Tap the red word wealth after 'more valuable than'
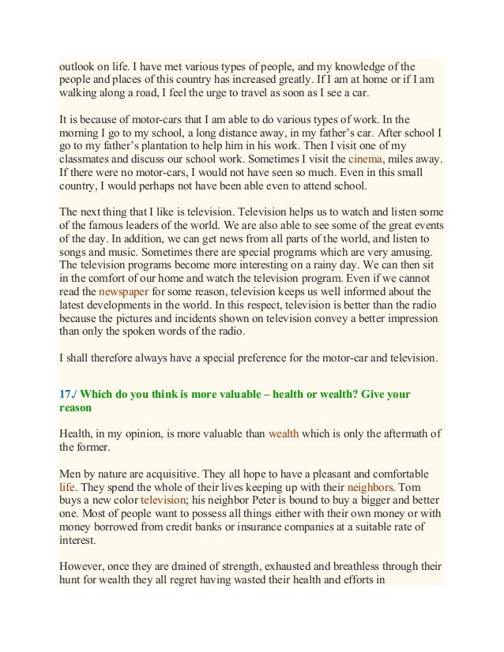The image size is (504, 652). click(284, 433)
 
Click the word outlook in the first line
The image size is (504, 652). click(78, 65)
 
